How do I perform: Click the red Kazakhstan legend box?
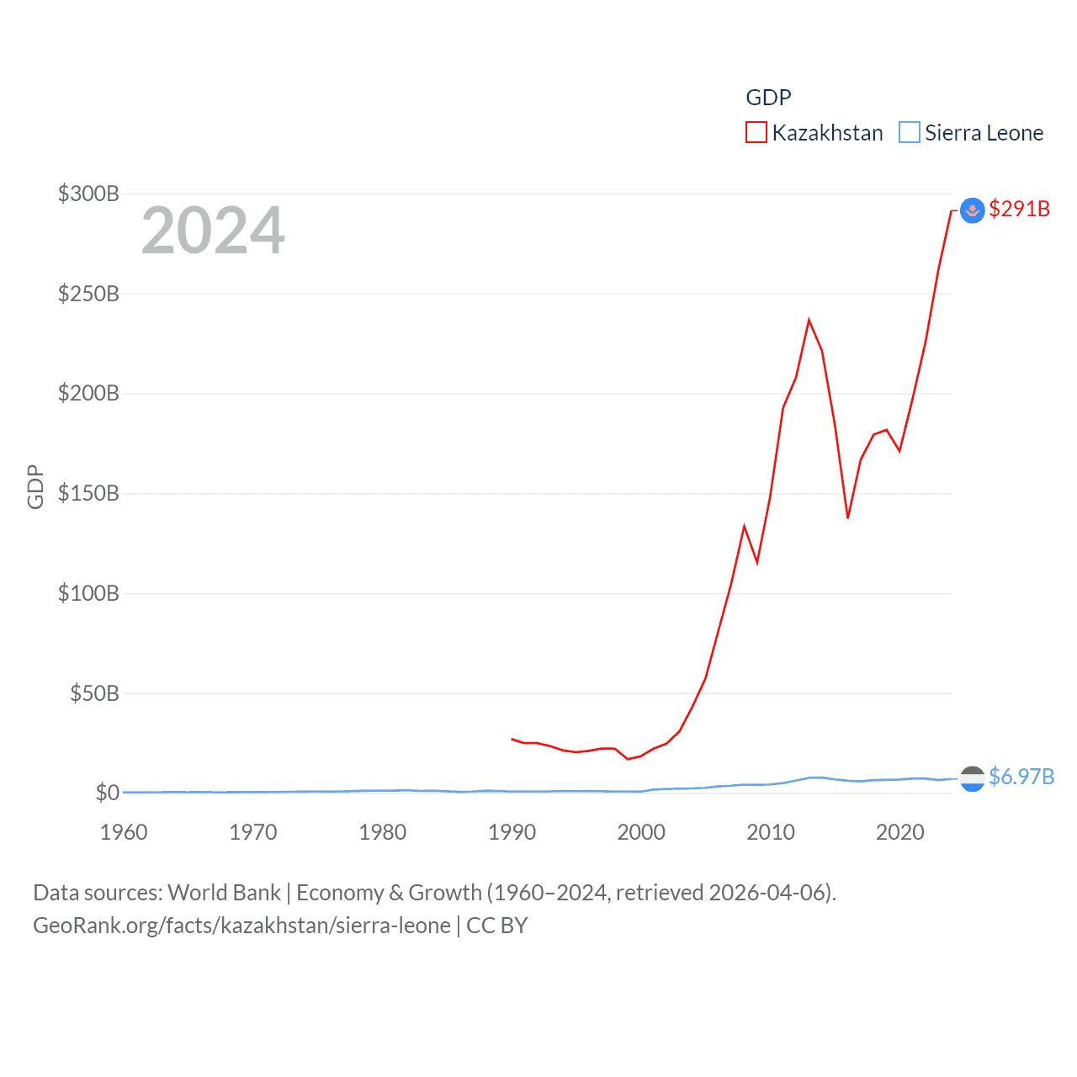[756, 133]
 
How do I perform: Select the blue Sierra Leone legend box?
[909, 133]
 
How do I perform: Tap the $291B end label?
[1019, 209]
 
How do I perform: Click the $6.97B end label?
[1021, 776]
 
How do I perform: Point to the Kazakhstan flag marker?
[972, 210]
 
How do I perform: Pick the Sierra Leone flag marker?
[972, 778]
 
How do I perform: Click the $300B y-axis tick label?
[88, 194]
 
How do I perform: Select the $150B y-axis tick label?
[88, 493]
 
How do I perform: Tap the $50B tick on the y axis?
[93, 693]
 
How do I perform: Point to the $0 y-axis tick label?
[107, 793]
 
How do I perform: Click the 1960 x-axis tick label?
[124, 832]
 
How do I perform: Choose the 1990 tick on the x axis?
[512, 832]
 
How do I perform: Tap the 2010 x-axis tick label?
[771, 832]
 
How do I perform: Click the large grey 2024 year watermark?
[213, 230]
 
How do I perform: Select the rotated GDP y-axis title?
[35, 486]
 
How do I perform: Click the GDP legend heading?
[768, 98]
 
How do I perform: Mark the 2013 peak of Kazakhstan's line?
[809, 320]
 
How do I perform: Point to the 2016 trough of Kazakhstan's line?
[847, 517]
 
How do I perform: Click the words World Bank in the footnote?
[225, 892]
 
